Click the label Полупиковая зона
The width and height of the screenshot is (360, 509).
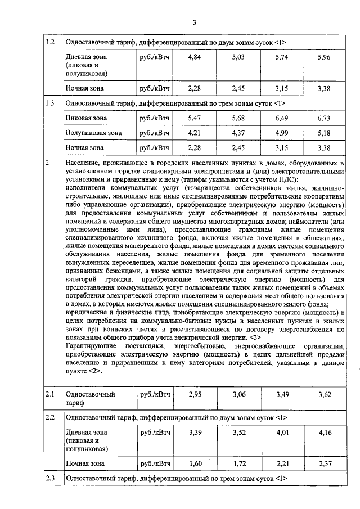[93, 133]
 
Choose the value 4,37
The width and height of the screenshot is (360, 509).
[239, 133]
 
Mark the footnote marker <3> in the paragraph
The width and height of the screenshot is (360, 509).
[254, 337]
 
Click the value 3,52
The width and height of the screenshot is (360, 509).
[239, 433]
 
